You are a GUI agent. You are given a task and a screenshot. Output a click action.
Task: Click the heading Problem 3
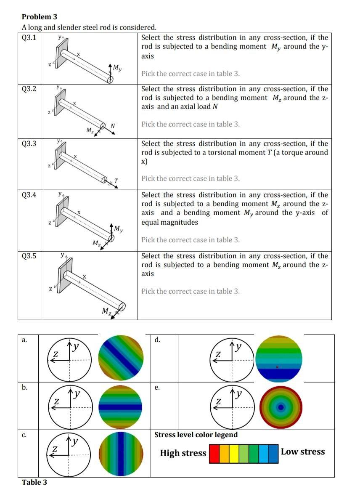[40, 17]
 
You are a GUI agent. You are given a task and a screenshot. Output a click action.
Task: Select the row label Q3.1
[29, 37]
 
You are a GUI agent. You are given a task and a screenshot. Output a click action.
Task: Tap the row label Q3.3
[29, 143]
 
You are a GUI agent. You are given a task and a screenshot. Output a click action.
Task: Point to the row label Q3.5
[29, 256]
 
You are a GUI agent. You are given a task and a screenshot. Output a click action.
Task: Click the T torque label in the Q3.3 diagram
[116, 181]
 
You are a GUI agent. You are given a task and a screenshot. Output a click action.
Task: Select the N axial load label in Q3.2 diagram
[113, 125]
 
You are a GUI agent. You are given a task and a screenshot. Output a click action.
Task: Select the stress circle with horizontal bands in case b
[121, 406]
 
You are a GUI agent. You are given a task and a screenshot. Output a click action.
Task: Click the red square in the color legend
[214, 453]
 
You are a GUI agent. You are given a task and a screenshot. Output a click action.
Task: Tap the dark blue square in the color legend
[273, 453]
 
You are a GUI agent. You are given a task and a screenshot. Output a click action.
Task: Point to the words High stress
[183, 453]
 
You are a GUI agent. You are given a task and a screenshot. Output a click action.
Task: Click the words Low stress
[303, 452]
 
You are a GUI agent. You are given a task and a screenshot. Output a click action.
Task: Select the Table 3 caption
[34, 482]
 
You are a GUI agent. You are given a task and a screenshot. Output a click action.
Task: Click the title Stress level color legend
[196, 435]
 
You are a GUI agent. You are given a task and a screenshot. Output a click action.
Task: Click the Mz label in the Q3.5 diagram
[107, 311]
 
